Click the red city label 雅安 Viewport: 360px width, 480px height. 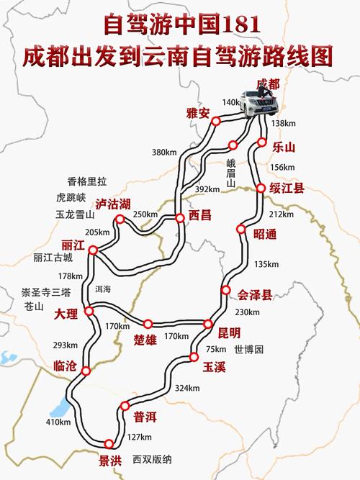coord(197,112)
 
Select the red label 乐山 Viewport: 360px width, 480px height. coord(284,148)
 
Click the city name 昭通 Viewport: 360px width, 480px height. coord(265,234)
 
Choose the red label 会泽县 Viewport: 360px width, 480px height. coord(256,294)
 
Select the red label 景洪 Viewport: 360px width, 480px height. coord(110,458)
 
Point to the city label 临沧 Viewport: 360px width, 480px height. coord(64,366)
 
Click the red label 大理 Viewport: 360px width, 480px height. coord(66,314)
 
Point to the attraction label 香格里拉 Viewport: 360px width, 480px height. coord(86,181)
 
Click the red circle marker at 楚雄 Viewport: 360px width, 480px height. coord(148,324)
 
